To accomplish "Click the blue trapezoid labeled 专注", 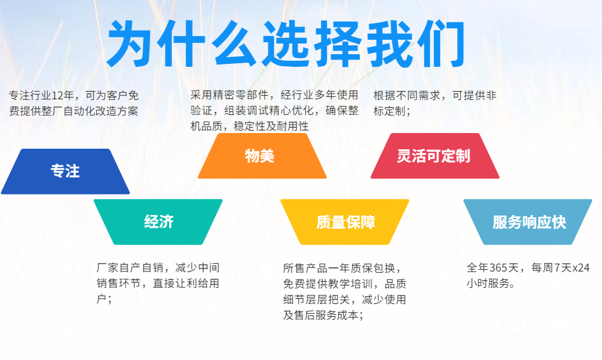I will (65, 172).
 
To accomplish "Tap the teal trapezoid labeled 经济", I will (158, 222).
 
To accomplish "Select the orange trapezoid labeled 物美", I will (259, 156).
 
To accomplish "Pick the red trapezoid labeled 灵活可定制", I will (433, 156).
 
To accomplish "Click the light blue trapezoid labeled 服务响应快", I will (529, 222).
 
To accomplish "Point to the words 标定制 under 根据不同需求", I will (389, 111).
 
